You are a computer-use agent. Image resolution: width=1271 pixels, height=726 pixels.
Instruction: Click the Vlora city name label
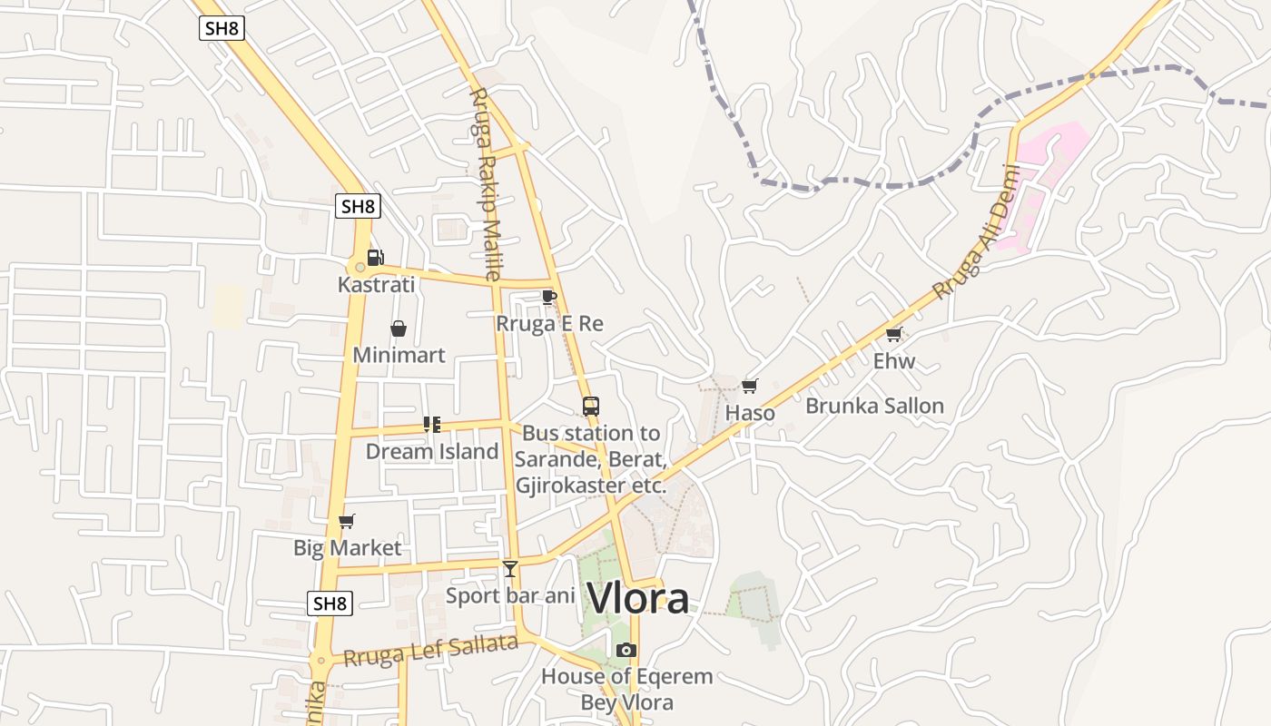pyautogui.click(x=637, y=598)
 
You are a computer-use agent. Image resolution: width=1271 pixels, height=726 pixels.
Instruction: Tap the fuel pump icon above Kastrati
pyautogui.click(x=375, y=257)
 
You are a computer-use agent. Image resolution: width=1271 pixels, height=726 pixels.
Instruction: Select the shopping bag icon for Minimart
pyautogui.click(x=398, y=329)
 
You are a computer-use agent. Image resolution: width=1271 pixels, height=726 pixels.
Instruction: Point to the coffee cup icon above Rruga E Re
pyautogui.click(x=548, y=297)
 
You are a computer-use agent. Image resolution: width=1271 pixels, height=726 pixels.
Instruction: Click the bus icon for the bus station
pyautogui.click(x=590, y=406)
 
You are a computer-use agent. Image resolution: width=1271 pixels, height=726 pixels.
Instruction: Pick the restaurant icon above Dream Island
pyautogui.click(x=432, y=424)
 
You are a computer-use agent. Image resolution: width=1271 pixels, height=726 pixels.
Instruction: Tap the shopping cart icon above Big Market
pyautogui.click(x=346, y=521)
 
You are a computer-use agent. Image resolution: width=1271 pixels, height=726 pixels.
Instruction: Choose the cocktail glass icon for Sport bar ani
pyautogui.click(x=510, y=569)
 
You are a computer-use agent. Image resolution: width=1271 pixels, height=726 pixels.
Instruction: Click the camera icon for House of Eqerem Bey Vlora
pyautogui.click(x=626, y=650)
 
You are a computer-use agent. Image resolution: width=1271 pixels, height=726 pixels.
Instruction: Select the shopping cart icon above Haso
pyautogui.click(x=749, y=387)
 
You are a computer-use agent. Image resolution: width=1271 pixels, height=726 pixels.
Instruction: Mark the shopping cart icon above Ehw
pyautogui.click(x=893, y=334)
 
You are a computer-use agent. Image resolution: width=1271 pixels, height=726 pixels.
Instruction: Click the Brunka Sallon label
pyautogui.click(x=874, y=406)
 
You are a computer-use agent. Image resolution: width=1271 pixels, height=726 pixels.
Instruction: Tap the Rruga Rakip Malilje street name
pyautogui.click(x=485, y=182)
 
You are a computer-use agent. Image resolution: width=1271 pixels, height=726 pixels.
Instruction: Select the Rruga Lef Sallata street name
pyautogui.click(x=430, y=651)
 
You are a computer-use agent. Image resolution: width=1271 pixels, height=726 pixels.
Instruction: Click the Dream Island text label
pyautogui.click(x=432, y=451)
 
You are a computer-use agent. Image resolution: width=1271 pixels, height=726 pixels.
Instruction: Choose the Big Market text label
pyautogui.click(x=347, y=548)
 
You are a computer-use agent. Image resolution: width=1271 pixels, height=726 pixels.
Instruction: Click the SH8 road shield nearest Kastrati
pyautogui.click(x=358, y=206)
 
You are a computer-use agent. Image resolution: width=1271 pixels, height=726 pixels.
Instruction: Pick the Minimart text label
pyautogui.click(x=399, y=355)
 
